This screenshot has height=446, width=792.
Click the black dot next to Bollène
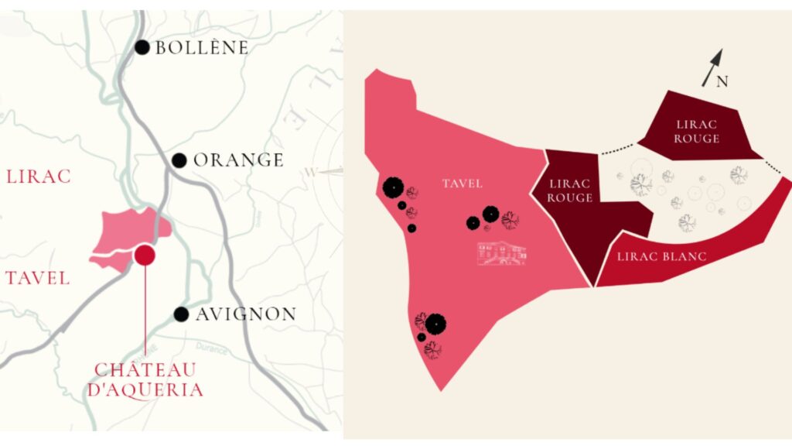pos(142,47)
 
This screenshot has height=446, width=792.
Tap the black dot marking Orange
pos(179,160)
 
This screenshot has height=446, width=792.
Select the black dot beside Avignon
pos(181,314)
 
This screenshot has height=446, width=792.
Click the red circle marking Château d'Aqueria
pos(145,255)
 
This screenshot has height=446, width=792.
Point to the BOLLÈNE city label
pos(202,48)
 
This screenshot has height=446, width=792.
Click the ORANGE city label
pos(238,160)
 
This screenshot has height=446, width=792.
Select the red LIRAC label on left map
pos(39,177)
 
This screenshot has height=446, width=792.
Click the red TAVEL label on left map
pos(38,278)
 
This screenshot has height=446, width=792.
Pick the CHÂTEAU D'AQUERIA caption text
pos(145,379)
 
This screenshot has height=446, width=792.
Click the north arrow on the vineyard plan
pos(712,67)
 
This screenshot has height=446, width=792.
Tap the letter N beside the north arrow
pos(722,82)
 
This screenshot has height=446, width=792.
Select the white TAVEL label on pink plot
pos(463,184)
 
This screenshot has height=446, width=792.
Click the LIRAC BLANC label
pos(661,256)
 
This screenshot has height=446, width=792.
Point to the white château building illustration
pos(502,253)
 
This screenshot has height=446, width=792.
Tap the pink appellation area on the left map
pos(124,232)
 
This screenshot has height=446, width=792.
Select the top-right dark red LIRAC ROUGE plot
pos(697,130)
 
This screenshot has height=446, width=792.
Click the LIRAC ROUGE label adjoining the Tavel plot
pos(570,190)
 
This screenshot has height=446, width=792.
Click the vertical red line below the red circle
pos(145,310)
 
